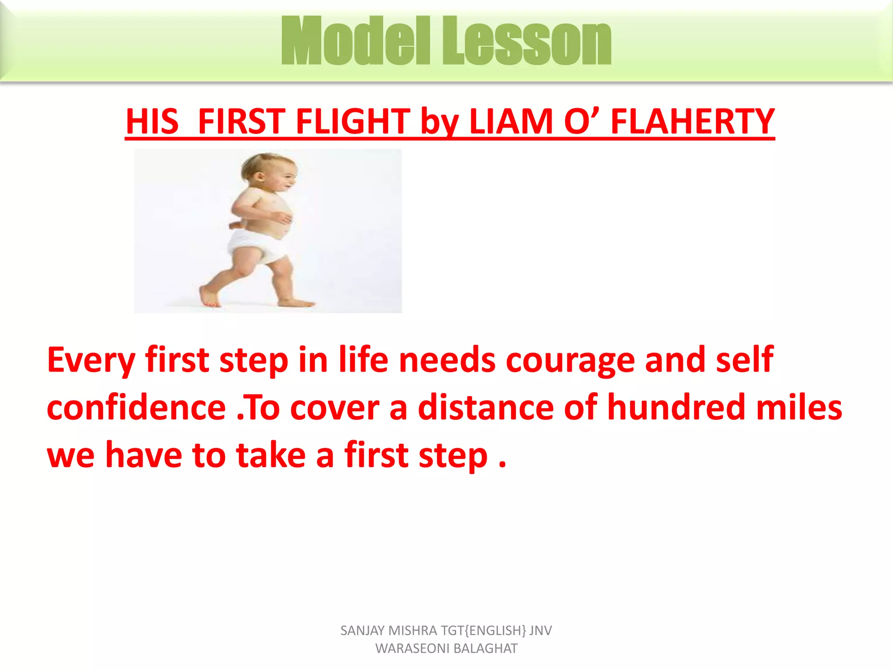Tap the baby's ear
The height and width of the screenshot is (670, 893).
[x=260, y=178]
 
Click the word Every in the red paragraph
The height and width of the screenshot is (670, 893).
[x=91, y=360]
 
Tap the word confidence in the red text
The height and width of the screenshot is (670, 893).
[x=136, y=407]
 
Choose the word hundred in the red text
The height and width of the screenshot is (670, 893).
[x=676, y=407]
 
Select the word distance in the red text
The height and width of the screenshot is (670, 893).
[x=486, y=407]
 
